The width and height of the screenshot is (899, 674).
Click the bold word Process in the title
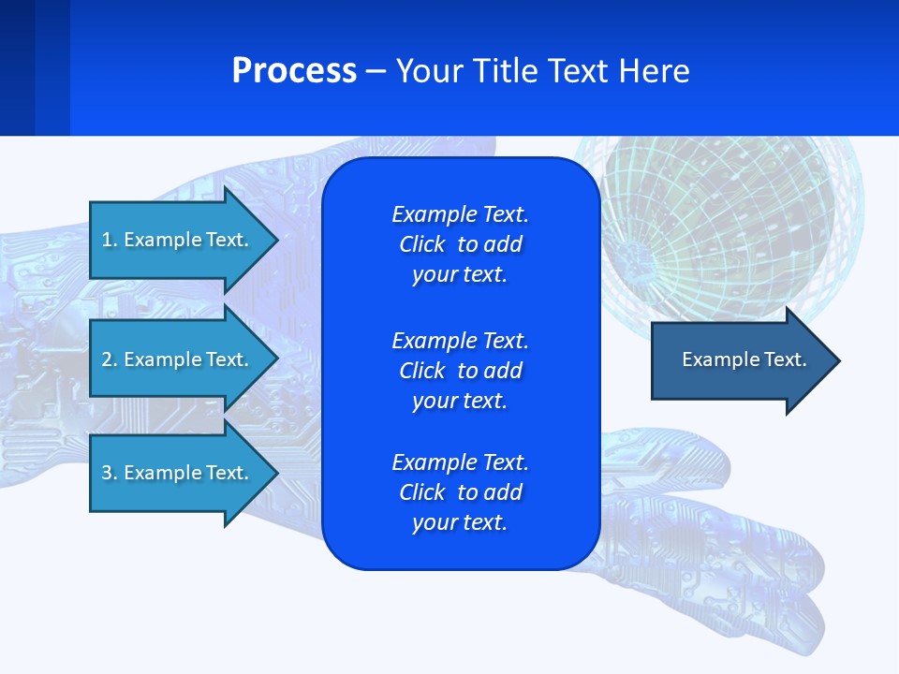(x=294, y=71)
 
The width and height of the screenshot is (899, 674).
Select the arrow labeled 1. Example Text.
(x=178, y=240)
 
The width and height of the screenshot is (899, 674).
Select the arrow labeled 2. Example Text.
(x=178, y=359)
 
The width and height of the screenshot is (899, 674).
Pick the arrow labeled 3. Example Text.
(x=178, y=473)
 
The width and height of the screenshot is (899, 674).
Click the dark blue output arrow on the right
(x=740, y=360)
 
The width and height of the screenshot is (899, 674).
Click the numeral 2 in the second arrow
(x=107, y=359)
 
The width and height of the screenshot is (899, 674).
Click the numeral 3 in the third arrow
(x=107, y=473)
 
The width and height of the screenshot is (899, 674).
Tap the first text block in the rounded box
(x=460, y=244)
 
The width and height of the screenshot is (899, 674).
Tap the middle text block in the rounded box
(x=460, y=371)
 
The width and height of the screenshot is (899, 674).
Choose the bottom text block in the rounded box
(x=460, y=492)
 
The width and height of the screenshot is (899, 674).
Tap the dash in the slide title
(x=376, y=72)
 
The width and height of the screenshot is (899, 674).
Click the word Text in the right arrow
(x=785, y=359)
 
